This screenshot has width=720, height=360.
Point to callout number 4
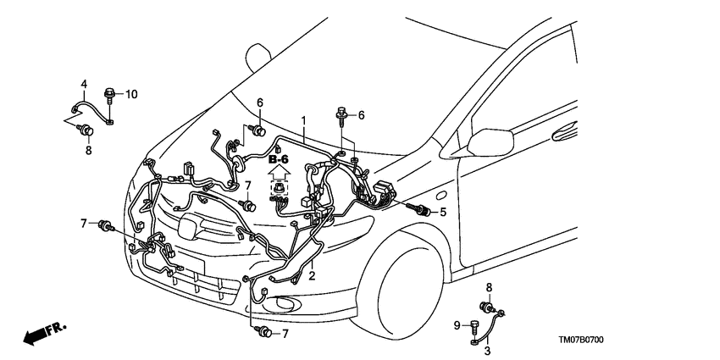pyautogui.click(x=84, y=83)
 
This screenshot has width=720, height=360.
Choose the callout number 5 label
pyautogui.click(x=443, y=212)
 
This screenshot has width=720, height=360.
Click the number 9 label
pyautogui.click(x=456, y=325)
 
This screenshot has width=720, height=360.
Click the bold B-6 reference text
pyautogui.click(x=279, y=159)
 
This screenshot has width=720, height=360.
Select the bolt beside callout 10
pyautogui.click(x=111, y=93)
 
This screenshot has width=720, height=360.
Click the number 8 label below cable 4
pyautogui.click(x=87, y=152)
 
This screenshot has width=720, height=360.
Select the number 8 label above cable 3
pyautogui.click(x=489, y=288)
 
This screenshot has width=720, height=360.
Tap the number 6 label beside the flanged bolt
pyautogui.click(x=361, y=115)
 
